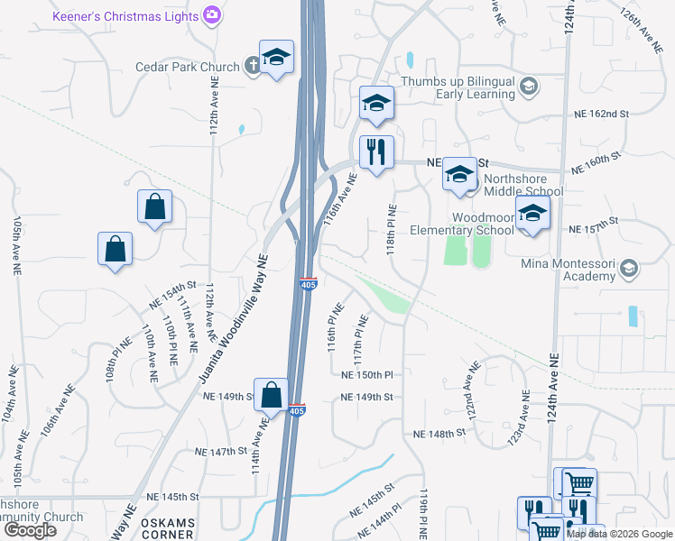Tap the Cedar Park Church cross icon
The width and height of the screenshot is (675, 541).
pos(254,66)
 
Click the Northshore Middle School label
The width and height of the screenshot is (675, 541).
pos(523,191)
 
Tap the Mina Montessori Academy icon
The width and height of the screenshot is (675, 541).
pos(629,267)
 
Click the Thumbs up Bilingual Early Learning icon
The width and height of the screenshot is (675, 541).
pos(529,87)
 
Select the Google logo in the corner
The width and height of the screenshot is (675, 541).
pos(30,530)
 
